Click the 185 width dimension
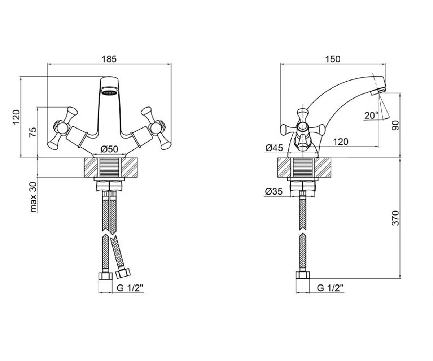point(109,59)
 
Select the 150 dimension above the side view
point(333,59)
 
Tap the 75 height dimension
point(33,132)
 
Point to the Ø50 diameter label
point(109,149)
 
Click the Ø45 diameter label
point(274,148)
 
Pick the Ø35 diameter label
point(274,191)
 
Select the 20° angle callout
point(371,116)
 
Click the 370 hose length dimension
point(395,218)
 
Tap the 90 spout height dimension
point(395,125)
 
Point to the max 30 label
point(33,197)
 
